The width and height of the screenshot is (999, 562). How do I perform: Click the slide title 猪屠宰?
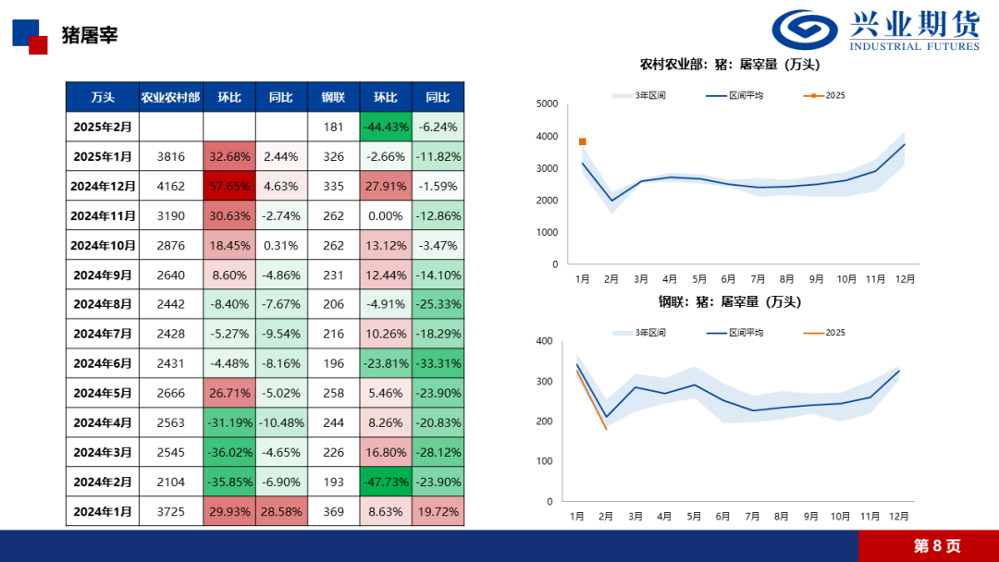90,35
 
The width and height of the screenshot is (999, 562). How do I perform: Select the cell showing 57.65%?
229,186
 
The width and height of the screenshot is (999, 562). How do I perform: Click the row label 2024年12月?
103,186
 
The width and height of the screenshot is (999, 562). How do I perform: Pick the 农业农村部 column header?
170,97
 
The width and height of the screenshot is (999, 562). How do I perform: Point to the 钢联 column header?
333,97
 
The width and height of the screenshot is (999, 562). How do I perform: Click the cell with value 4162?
170,186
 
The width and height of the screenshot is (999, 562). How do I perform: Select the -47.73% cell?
385,482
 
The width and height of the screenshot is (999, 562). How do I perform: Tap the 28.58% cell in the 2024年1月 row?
281,511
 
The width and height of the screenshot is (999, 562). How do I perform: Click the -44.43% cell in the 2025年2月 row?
385,127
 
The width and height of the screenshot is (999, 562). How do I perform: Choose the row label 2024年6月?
103,363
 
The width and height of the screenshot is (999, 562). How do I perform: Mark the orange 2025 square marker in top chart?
583,141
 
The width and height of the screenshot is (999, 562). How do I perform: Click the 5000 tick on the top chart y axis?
547,104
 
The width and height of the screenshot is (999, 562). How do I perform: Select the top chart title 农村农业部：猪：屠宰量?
730,65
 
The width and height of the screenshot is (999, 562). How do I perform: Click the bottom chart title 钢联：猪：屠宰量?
730,301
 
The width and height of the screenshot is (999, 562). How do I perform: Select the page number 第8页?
937,545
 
